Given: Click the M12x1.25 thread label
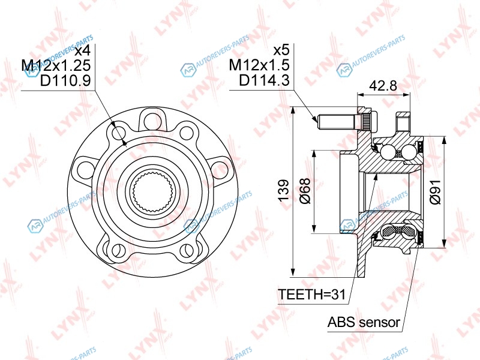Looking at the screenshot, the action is pyautogui.click(x=56, y=65).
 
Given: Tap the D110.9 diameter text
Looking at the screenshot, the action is pyautogui.click(x=65, y=80).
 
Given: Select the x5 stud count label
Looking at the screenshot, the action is pyautogui.click(x=281, y=50).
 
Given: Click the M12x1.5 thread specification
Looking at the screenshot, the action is pyautogui.click(x=259, y=65).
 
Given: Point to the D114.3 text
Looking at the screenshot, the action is pyautogui.click(x=264, y=80).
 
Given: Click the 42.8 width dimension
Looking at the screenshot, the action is pyautogui.click(x=383, y=85).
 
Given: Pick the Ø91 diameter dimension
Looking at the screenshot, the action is pyautogui.click(x=435, y=192).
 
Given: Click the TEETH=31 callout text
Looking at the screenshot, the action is pyautogui.click(x=311, y=295).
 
